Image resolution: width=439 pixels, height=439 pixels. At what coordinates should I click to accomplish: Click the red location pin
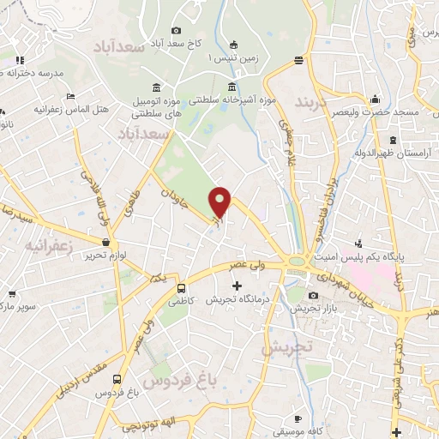(220, 202)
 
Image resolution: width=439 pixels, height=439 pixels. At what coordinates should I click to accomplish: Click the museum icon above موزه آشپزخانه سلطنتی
(232, 87)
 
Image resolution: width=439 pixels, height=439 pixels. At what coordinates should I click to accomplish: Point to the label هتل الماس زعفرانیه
(69, 110)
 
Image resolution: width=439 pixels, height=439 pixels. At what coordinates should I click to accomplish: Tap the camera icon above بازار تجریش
(313, 296)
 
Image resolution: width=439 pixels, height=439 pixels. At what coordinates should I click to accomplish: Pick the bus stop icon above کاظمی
(181, 288)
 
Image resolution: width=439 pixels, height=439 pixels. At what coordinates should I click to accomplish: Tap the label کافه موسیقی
(300, 432)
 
